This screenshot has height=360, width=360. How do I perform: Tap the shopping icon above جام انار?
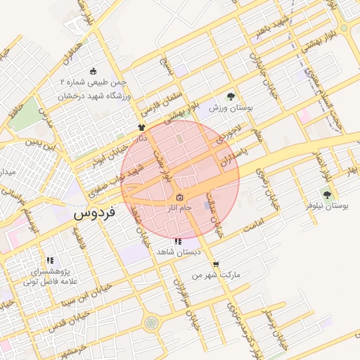[180, 198]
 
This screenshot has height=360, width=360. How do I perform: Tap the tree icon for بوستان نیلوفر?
[327, 193]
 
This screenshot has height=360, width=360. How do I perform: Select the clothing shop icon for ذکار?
[142, 128]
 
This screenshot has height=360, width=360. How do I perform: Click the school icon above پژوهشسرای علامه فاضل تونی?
[49, 260]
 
